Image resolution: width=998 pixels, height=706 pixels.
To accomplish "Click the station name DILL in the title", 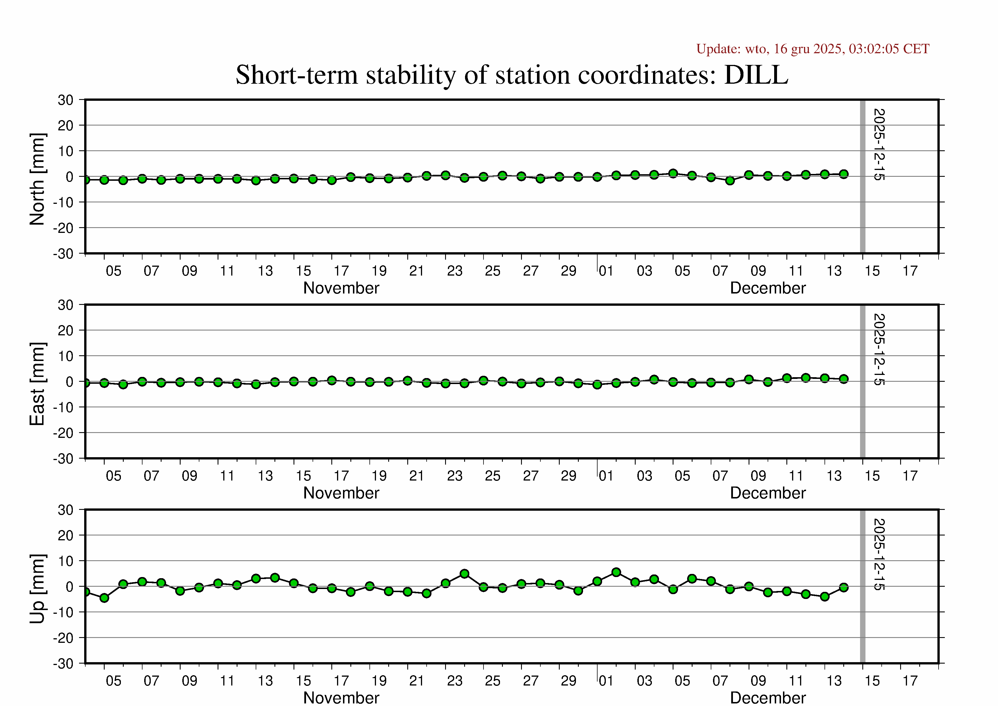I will pyautogui.click(x=756, y=75).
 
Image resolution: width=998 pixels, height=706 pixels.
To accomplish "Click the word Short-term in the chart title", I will pyautogui.click(x=296, y=75).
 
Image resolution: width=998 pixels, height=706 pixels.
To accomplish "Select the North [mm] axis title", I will pyautogui.click(x=37, y=179).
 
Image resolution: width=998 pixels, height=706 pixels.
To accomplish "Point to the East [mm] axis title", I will pyautogui.click(x=37, y=384).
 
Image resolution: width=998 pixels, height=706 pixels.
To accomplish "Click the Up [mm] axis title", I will pyautogui.click(x=37, y=588).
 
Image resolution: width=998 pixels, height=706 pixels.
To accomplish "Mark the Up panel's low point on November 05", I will pyautogui.click(x=104, y=598).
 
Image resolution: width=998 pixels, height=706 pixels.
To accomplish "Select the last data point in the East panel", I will pyautogui.click(x=844, y=379).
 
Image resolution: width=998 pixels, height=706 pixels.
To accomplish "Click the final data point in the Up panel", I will pyautogui.click(x=844, y=587).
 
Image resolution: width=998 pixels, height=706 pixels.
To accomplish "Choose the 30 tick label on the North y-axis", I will pyautogui.click(x=66, y=100).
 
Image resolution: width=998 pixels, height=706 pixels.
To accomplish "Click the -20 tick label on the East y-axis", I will pyautogui.click(x=63, y=433).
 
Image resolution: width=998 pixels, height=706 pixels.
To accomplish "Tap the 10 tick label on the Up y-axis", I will pyautogui.click(x=66, y=561).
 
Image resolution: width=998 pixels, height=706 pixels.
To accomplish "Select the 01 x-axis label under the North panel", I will pyautogui.click(x=606, y=271).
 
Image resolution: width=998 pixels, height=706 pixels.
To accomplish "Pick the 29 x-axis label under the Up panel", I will pyautogui.click(x=568, y=681).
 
